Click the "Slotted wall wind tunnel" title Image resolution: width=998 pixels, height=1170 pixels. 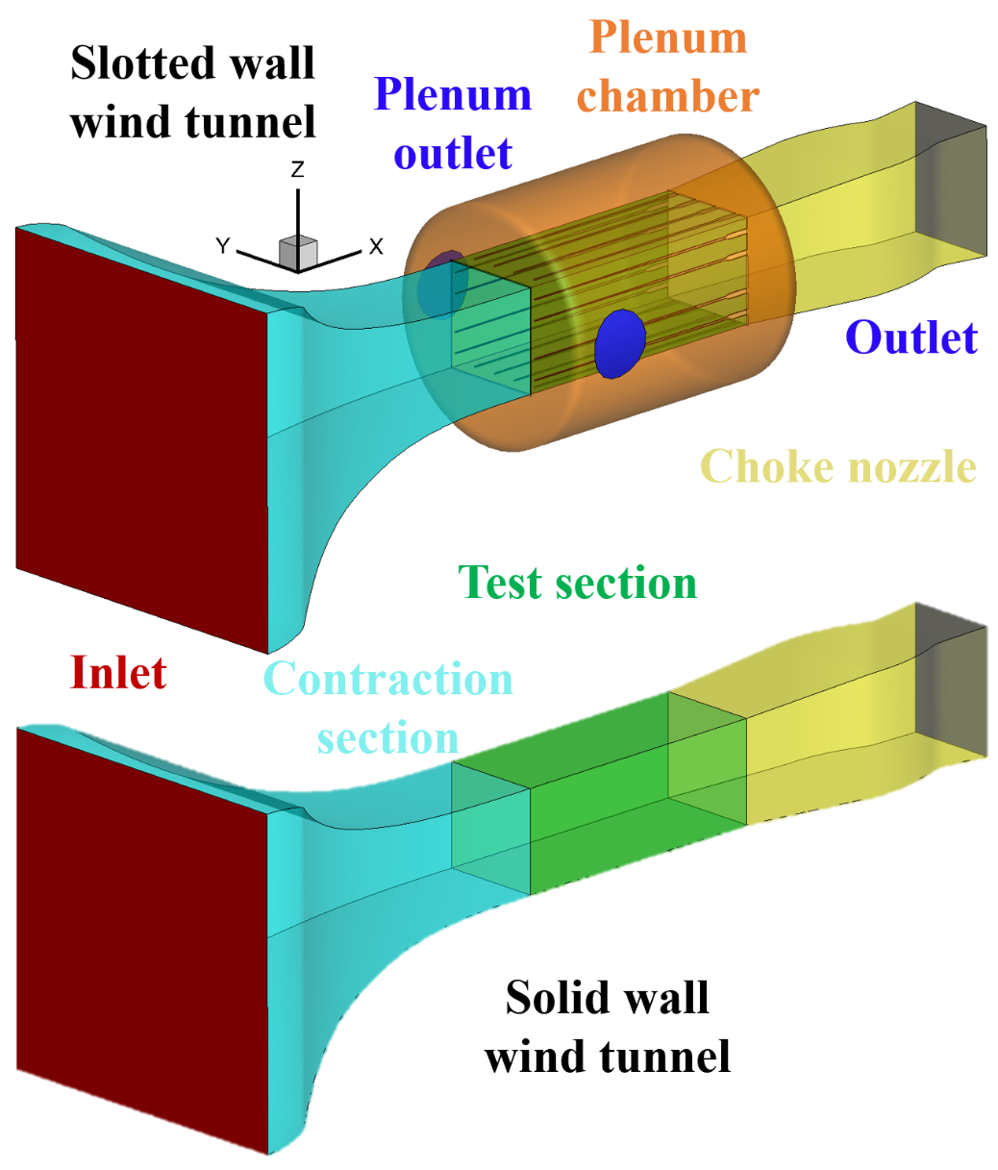tap(193, 92)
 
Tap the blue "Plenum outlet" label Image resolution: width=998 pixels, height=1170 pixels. tap(453, 124)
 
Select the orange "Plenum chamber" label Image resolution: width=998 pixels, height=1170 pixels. tap(668, 67)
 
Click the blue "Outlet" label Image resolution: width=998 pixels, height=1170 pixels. tap(911, 337)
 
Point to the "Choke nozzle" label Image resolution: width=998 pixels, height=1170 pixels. tap(838, 467)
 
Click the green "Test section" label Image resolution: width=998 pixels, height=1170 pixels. tap(577, 583)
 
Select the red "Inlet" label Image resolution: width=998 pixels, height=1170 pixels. tap(118, 673)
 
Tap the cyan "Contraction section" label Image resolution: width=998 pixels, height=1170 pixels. tap(388, 708)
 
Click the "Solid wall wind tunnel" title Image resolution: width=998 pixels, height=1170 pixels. tap(608, 1027)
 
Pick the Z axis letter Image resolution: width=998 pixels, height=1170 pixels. tap(298, 170)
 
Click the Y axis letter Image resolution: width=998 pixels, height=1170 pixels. tap(222, 247)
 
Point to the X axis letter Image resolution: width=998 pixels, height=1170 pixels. tap(376, 247)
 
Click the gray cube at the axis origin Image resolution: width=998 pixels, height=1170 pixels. tap(298, 252)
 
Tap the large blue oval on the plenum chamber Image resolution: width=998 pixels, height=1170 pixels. tap(619, 343)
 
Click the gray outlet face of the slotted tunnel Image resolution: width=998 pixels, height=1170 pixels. tap(949, 183)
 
